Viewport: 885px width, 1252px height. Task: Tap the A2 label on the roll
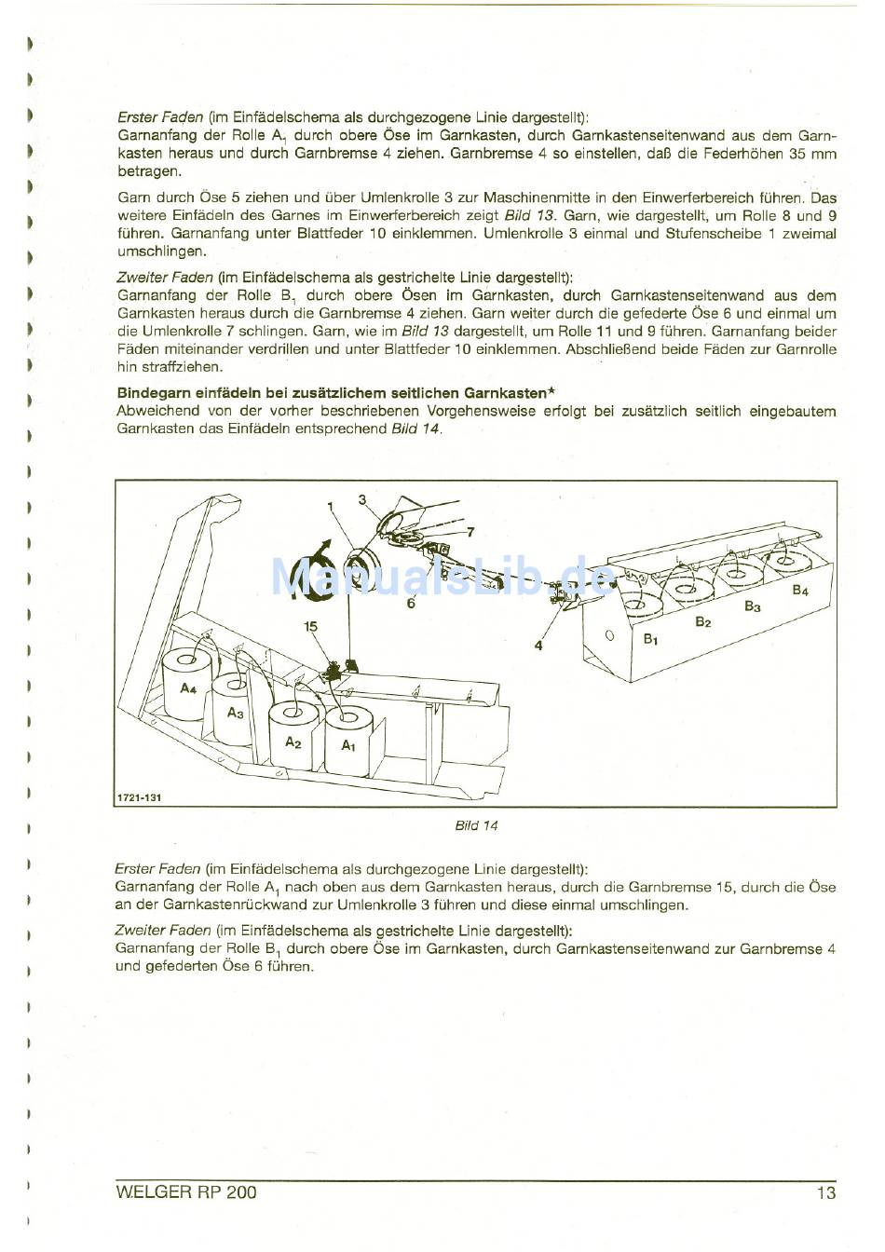point(293,742)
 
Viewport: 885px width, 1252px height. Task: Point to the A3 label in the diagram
point(236,713)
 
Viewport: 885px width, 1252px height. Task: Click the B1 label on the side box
point(650,640)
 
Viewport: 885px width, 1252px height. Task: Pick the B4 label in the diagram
point(800,591)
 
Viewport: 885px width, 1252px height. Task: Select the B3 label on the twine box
point(753,606)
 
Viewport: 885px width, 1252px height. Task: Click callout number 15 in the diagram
point(310,627)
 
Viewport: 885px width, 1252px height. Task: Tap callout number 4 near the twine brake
point(538,645)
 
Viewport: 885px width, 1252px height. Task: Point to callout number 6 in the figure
point(410,604)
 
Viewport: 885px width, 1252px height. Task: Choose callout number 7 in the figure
point(470,532)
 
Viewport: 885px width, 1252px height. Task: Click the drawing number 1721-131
point(132,798)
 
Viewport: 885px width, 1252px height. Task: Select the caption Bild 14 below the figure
point(476,825)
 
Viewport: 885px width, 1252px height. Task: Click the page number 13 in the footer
point(825,1192)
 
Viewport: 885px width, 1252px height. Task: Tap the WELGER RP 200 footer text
point(186,1192)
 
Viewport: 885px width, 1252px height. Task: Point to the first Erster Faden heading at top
point(160,117)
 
